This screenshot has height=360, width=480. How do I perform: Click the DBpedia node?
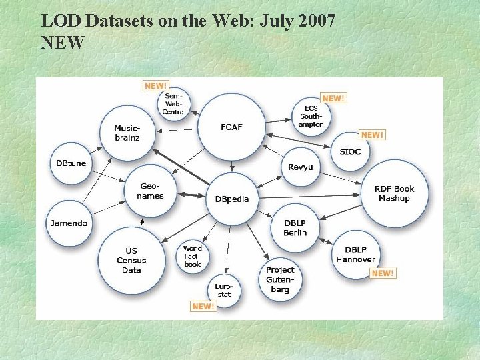pos(232,199)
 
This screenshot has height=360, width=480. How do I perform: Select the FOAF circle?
pos(231,127)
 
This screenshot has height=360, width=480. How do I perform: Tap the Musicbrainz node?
pos(127,133)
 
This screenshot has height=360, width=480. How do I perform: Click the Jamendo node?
pos(69,223)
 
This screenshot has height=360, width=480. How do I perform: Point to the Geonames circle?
pos(150,191)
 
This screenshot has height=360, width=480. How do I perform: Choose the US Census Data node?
pos(131,260)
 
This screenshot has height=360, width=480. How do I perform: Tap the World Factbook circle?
pos(192,256)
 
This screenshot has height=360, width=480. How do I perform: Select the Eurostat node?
pos(223,290)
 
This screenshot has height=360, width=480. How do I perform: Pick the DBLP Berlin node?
pos(295,227)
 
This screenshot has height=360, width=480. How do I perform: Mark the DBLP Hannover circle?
pos(355,254)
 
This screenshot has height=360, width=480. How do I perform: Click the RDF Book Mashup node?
pos(394,193)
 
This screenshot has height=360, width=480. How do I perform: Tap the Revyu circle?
pos(300,167)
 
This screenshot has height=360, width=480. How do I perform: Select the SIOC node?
pos(350,151)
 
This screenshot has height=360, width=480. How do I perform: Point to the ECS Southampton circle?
pos(311,116)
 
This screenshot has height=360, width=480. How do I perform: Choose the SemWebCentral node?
pos(173,105)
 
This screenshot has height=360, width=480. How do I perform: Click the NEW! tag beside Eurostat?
pos(203,306)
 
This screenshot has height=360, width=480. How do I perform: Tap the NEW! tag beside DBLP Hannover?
pos(383,273)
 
